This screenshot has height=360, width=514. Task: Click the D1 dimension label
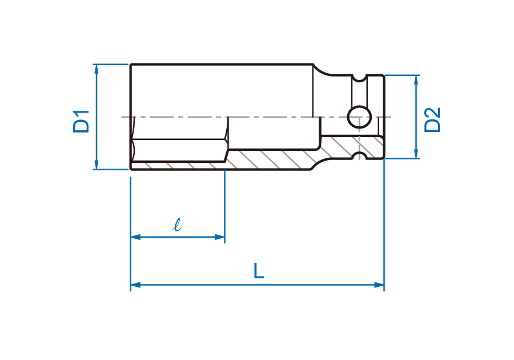[x=81, y=121]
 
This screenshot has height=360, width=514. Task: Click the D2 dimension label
[x=432, y=120]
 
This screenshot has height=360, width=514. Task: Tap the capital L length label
[x=259, y=270]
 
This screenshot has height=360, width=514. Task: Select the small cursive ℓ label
[x=178, y=225]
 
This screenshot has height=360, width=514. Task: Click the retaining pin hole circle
[x=359, y=117]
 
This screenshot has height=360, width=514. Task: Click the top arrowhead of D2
[x=416, y=80]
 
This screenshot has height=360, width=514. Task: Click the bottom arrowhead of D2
[x=416, y=154]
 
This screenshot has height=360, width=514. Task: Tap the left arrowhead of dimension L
[x=135, y=285]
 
